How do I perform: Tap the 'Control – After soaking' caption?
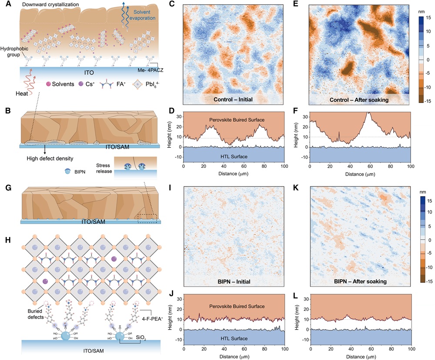359,99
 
